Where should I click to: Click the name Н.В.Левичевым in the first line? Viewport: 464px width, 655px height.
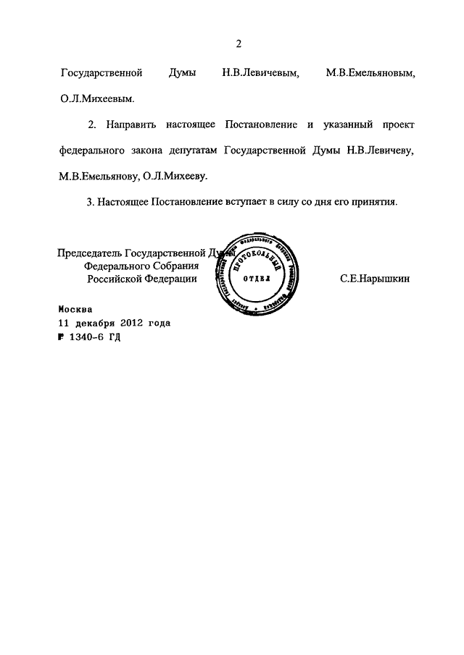[260, 74]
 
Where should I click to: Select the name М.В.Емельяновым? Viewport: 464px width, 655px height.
[370, 74]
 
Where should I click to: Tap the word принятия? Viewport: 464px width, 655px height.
[374, 203]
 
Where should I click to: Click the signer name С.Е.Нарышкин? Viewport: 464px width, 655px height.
[374, 279]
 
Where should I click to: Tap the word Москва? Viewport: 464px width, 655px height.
[76, 308]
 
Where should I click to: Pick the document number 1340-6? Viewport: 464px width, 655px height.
[87, 337]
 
